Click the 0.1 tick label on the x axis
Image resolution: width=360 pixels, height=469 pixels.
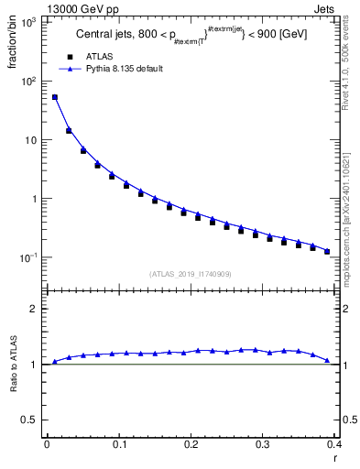coord(119,443)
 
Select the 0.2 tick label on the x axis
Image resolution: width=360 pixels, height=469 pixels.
coord(191,443)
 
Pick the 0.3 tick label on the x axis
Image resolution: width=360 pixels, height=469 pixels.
coord(263,443)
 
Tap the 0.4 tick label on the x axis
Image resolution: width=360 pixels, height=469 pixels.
coord(335,443)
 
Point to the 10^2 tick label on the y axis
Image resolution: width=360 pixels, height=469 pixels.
coord(29,82)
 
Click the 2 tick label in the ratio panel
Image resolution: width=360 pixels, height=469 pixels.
coord(36,309)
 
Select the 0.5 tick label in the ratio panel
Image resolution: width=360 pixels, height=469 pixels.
coord(32,420)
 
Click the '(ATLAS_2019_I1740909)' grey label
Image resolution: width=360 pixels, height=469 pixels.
coord(190,274)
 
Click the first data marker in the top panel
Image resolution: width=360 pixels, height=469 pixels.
coord(55,97)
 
